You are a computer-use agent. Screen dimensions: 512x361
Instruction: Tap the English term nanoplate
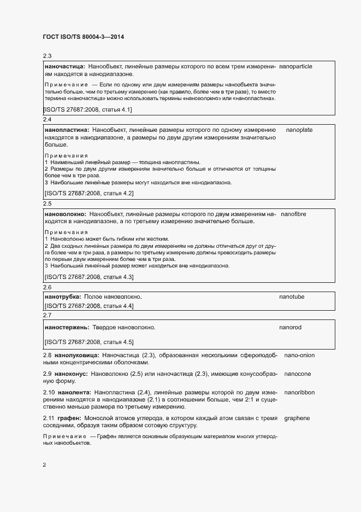[x=299, y=130]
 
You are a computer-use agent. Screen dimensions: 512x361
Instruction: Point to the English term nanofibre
[x=293, y=214]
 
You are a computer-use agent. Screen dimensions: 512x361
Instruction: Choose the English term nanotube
[x=292, y=296]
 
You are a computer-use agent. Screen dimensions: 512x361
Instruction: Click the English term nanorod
[x=291, y=327]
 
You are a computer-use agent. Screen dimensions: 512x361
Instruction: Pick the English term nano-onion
[x=299, y=356]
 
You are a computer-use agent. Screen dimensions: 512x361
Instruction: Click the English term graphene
[x=297, y=418]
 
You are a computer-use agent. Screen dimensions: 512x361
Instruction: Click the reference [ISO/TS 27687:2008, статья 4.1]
[x=87, y=109]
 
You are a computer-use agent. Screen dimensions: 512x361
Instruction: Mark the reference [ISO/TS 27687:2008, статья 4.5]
[x=88, y=342]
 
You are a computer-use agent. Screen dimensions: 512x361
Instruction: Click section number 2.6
[x=47, y=287]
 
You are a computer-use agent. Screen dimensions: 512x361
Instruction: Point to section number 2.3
[x=47, y=56]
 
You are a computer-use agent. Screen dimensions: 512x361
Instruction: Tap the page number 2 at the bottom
[x=44, y=465]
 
